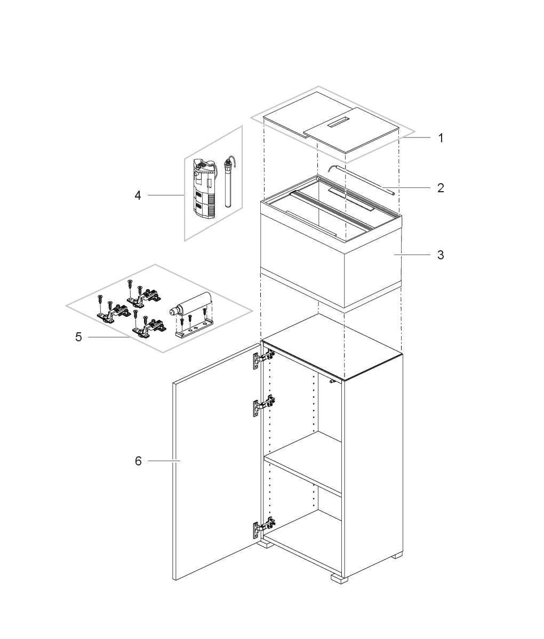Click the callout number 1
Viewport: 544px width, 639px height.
coord(441,138)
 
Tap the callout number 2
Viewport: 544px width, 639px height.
coord(441,188)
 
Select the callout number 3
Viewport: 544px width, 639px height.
coord(441,255)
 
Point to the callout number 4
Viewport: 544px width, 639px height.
coord(138,195)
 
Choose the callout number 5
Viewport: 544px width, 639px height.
coord(78,337)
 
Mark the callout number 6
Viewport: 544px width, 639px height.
coord(138,461)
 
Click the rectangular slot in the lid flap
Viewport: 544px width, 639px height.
coord(340,121)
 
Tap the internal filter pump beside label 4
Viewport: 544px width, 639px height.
coord(204,189)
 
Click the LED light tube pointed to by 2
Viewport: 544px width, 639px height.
coord(361,180)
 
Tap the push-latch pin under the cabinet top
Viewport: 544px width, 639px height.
coord(333,381)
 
